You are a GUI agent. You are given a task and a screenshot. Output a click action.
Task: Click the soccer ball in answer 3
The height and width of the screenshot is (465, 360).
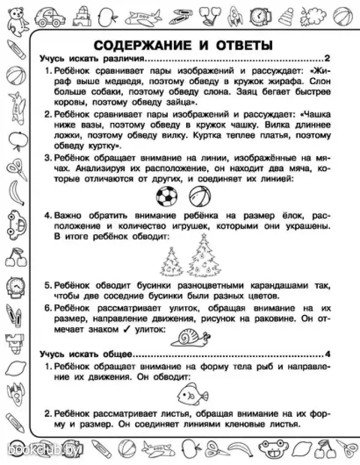[166, 196]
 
